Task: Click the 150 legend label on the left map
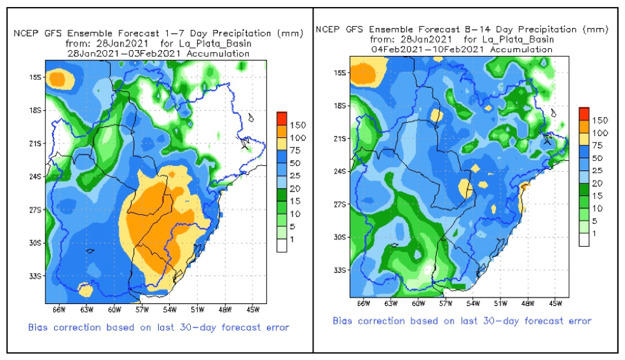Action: (298, 125)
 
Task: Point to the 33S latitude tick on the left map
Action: (37, 276)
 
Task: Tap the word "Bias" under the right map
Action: (344, 321)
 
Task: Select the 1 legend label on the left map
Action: (292, 239)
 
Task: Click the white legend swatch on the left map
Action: (282, 246)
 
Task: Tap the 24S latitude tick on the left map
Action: (37, 176)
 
